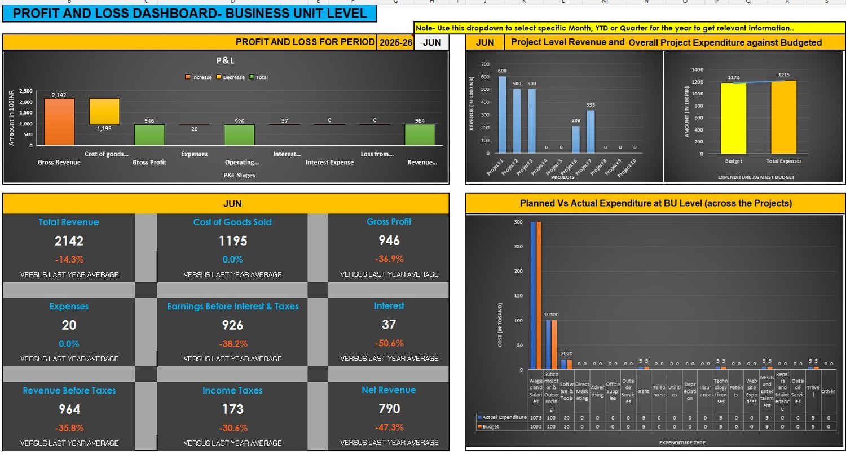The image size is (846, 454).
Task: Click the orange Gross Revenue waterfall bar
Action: [x=59, y=121]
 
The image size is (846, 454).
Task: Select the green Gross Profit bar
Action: [x=149, y=134]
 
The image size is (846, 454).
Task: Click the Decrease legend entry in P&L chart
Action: [x=231, y=77]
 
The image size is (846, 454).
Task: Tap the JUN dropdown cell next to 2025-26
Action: [x=432, y=42]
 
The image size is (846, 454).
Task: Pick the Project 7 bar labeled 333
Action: [x=591, y=132]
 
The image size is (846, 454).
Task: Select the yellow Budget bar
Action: [x=733, y=118]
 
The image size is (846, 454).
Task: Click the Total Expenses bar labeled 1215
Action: [x=784, y=117]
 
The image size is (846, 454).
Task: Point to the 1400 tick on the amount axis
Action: [x=697, y=69]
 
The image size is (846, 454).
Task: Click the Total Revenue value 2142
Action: [x=69, y=241]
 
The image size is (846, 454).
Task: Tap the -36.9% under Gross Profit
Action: [x=389, y=259]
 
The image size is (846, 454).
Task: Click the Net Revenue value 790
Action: [x=389, y=409]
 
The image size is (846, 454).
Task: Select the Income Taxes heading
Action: [x=232, y=391]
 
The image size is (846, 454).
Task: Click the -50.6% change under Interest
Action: [x=389, y=343]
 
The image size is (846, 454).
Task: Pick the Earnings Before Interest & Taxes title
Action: [x=232, y=307]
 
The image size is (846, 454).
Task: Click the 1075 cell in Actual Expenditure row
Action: [x=536, y=418]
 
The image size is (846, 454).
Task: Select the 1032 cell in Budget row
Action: [x=536, y=427]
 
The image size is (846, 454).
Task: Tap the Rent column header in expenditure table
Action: [x=644, y=391]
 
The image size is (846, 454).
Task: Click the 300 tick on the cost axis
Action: [x=518, y=222]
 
